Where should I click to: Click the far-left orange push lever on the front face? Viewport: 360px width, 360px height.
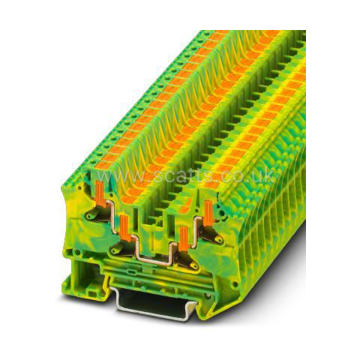click(100, 193)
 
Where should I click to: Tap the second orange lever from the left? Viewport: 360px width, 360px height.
click(124, 228)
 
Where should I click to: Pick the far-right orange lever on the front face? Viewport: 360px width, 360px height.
click(208, 213)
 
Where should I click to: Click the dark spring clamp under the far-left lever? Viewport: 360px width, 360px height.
click(96, 214)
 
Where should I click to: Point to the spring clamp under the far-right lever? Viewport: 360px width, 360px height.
click(211, 234)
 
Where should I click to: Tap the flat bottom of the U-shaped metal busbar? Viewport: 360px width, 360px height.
click(154, 262)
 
